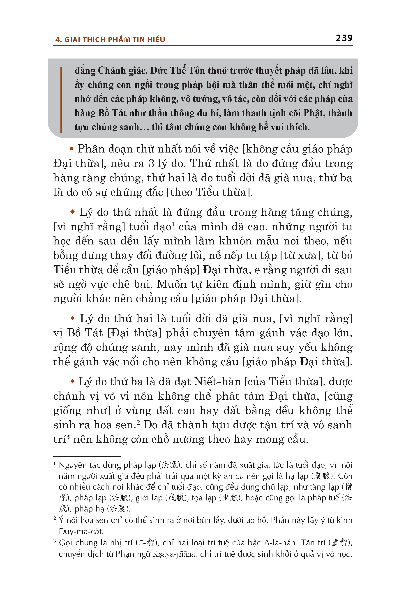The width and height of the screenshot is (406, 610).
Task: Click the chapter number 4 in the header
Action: pos(57,40)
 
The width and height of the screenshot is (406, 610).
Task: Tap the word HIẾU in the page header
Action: pos(156,40)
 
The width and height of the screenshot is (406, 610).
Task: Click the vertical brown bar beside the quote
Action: pos(61,100)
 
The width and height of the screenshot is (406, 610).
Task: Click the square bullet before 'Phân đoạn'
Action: pos(72,149)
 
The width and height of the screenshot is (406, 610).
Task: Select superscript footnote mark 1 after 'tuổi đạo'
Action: pos(173,225)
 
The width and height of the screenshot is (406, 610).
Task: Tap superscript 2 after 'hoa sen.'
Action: pos(138,423)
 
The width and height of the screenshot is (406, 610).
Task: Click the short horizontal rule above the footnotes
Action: pos(87,456)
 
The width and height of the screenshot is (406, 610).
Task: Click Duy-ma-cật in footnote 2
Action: pos(81,531)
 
